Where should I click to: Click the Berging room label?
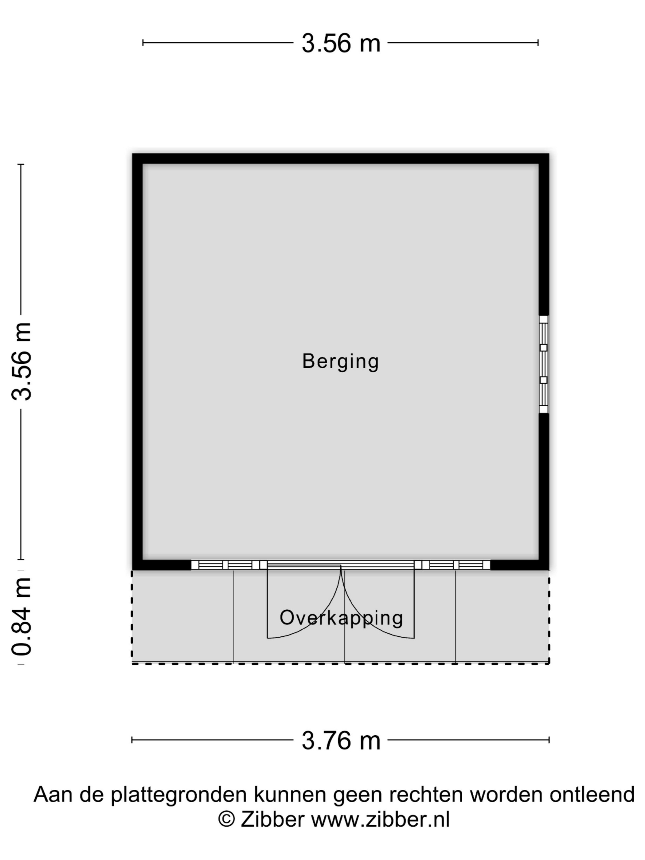[x=340, y=362]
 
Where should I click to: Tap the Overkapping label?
[x=341, y=617]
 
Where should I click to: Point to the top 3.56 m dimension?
[x=341, y=43]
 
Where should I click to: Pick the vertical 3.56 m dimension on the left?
[x=21, y=361]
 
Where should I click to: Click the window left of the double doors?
[x=225, y=565]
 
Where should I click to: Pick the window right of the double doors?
[x=456, y=565]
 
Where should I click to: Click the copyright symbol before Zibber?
[x=226, y=819]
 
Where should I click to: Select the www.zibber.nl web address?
[x=380, y=819]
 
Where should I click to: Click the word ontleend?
[x=592, y=794]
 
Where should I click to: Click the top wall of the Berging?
[x=341, y=158]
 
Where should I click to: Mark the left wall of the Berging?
[x=138, y=362]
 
